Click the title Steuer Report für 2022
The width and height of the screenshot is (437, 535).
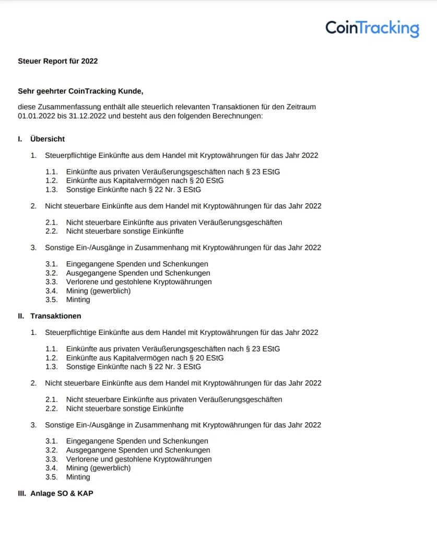[x=57, y=61]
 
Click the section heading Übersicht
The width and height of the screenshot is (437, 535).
[x=48, y=139]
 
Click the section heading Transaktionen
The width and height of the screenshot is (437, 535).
[x=56, y=316]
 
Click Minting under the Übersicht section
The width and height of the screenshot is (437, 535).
[x=78, y=300]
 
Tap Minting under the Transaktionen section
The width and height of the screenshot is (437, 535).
[x=78, y=477]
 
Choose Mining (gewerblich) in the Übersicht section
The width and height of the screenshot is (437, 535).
[x=98, y=291]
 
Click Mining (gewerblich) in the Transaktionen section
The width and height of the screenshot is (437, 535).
[x=98, y=468]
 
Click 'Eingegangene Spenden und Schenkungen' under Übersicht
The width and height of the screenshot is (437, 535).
[x=137, y=264]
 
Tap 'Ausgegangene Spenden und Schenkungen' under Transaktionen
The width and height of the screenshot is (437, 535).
[x=138, y=450]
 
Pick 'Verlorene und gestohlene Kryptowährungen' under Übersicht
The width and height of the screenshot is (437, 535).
[x=139, y=282]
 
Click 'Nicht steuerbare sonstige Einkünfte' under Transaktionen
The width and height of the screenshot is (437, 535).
[x=125, y=409]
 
